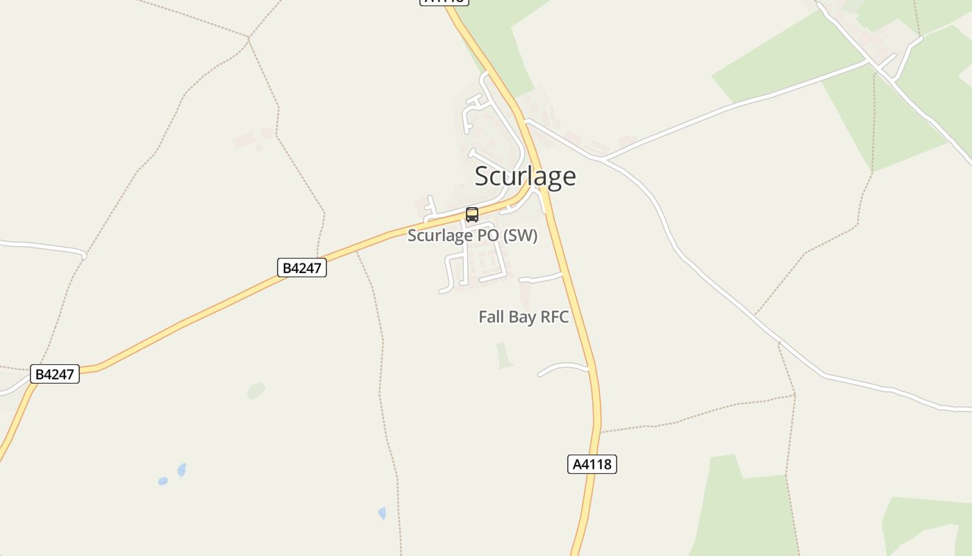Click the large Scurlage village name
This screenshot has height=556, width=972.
tap(525, 177)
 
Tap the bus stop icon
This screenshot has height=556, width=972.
tap(472, 215)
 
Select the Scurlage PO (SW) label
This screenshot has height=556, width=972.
tap(472, 236)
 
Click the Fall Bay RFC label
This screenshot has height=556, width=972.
tap(523, 317)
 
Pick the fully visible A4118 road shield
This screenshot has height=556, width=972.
tap(592, 464)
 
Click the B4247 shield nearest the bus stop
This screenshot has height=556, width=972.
tap(302, 268)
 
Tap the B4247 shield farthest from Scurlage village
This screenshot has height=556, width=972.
tap(55, 374)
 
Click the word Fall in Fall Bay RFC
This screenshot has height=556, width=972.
tap(491, 317)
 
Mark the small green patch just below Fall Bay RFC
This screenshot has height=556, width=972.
tap(505, 355)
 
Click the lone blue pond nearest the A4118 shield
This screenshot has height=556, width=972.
tap(382, 513)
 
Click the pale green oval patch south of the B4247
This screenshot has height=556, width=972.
tap(256, 391)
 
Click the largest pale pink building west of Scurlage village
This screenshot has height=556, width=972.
tap(244, 140)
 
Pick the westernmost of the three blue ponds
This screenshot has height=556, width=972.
tap(162, 481)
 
